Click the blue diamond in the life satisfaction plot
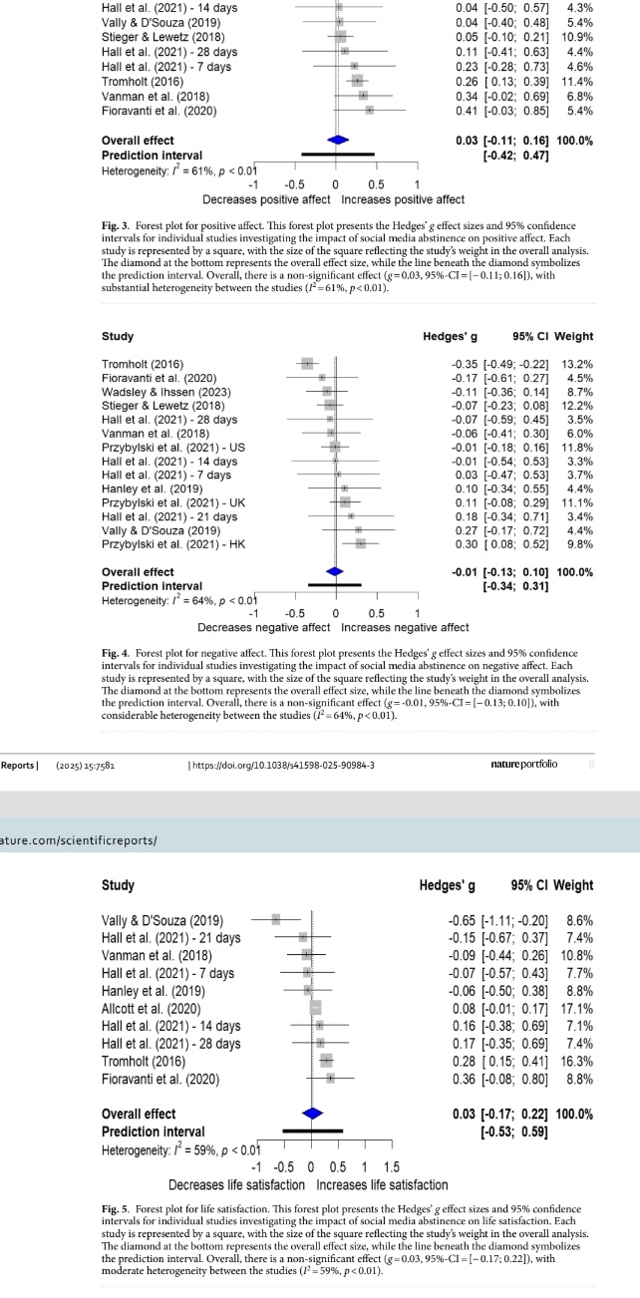312,1114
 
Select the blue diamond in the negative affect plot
335,572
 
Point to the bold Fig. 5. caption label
117,1209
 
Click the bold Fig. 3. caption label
117,225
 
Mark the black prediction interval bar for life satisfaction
313,1132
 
